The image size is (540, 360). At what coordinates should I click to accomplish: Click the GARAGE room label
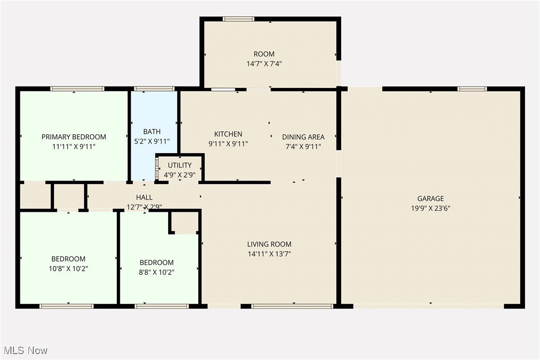pyautogui.click(x=430, y=198)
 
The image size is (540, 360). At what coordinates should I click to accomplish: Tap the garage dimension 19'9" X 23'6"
pyautogui.click(x=430, y=208)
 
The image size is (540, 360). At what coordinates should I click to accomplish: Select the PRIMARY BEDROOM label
pyautogui.click(x=74, y=137)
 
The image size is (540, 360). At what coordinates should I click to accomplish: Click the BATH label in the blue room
pyautogui.click(x=152, y=132)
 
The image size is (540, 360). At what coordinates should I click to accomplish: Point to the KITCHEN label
pyautogui.click(x=228, y=134)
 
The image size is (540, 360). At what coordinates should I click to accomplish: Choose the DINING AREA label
pyautogui.click(x=303, y=137)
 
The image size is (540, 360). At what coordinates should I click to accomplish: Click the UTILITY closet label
pyautogui.click(x=180, y=165)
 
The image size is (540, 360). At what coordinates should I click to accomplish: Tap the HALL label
pyautogui.click(x=144, y=197)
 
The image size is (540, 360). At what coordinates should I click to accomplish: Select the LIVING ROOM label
pyautogui.click(x=269, y=244)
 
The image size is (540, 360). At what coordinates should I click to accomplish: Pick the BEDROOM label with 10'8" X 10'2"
pyautogui.click(x=68, y=259)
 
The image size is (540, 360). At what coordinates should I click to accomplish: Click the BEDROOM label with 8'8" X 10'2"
pyautogui.click(x=157, y=263)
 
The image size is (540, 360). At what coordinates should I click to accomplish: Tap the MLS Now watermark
pyautogui.click(x=24, y=350)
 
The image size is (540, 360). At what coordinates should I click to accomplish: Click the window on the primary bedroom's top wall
pyautogui.click(x=77, y=89)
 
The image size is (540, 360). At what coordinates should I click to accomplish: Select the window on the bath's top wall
pyautogui.click(x=154, y=89)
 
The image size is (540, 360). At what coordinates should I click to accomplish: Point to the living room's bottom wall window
pyautogui.click(x=292, y=306)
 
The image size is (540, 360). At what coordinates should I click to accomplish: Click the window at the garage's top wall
pyautogui.click(x=472, y=89)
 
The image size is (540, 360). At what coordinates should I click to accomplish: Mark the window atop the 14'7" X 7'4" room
pyautogui.click(x=238, y=19)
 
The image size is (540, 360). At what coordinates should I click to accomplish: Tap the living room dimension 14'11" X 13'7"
pyautogui.click(x=269, y=254)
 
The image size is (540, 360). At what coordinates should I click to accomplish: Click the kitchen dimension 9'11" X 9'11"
pyautogui.click(x=228, y=144)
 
